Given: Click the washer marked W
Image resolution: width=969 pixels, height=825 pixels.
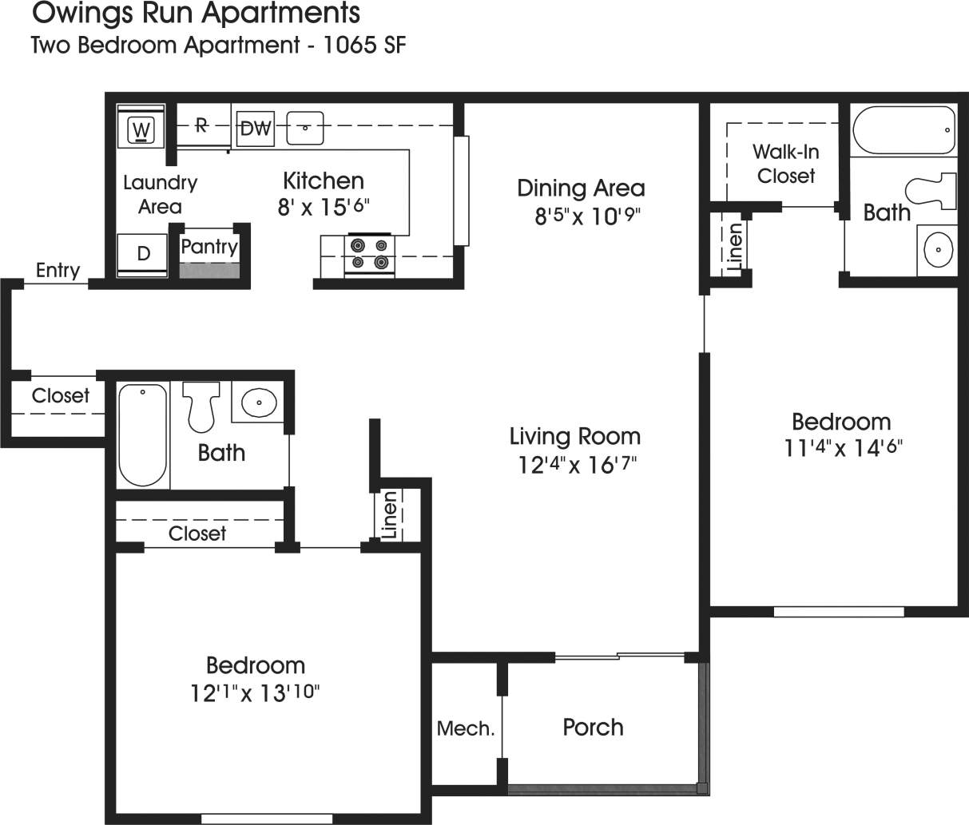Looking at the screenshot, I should pos(141,128).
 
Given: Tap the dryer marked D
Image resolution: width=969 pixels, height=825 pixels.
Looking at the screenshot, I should pos(143,254).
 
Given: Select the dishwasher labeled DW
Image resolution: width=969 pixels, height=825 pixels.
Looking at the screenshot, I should pos(256,128).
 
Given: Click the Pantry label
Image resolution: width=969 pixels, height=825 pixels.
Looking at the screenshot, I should pos(209,247).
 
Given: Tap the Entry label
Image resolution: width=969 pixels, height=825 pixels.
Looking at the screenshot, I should pos(58,271).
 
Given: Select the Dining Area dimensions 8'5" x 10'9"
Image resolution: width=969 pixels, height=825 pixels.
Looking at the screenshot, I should pos(588,216).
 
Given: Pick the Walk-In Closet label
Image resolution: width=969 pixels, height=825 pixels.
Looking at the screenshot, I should pos(786,164).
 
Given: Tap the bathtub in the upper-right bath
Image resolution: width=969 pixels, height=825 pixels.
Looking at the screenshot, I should pos(903,130).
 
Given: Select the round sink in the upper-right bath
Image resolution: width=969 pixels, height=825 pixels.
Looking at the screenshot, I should pos(937,249).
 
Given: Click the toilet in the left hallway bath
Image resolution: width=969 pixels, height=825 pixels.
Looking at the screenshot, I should pos(201,405).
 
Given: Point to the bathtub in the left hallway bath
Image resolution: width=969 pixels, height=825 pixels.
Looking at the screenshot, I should pos(143,435).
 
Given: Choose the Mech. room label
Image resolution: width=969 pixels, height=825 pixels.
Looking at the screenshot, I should pos(466,728).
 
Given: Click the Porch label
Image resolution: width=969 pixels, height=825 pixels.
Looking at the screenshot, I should pos(593,728).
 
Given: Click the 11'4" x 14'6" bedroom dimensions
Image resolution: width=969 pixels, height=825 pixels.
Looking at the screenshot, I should pos(844,448).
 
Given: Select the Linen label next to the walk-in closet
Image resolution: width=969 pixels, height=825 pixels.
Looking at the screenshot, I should pos(735,244).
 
